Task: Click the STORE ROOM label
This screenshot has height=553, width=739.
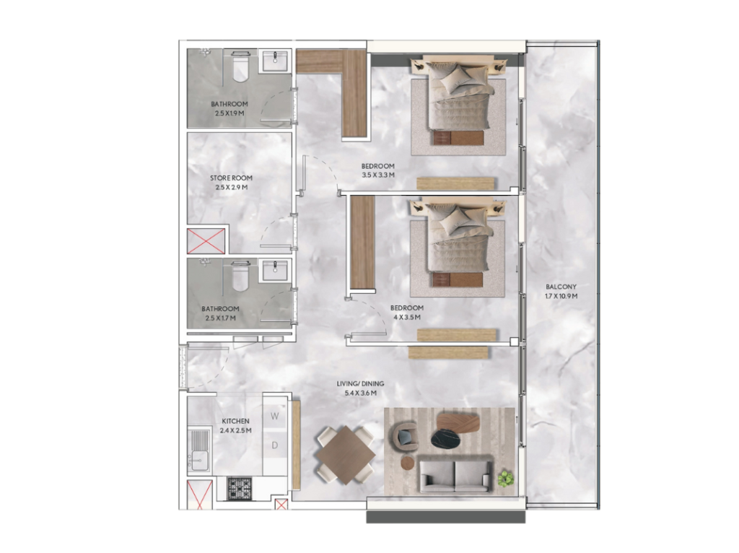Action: coord(231,178)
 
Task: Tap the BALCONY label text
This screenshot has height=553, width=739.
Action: coord(561,287)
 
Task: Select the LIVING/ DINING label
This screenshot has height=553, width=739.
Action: coord(361,384)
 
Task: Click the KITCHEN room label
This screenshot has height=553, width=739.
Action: coord(236,421)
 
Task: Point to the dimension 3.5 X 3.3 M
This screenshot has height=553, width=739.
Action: coord(378,175)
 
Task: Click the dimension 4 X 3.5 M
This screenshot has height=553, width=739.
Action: coord(407,317)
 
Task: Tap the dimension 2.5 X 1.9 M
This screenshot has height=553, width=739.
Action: coord(229,113)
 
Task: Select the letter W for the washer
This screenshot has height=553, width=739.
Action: coord(275,417)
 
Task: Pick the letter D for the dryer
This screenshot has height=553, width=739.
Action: coord(275,445)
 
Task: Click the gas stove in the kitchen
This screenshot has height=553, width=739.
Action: coord(240,489)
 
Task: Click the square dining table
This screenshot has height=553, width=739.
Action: coord(346,455)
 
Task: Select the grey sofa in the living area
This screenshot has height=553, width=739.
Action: coord(455,475)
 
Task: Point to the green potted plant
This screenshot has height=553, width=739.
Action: coord(506,479)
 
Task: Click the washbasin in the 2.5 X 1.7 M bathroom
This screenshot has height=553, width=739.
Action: coord(275,271)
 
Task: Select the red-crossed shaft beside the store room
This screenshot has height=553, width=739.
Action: coord(206,241)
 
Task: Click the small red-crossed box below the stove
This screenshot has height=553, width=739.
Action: coord(281,505)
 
